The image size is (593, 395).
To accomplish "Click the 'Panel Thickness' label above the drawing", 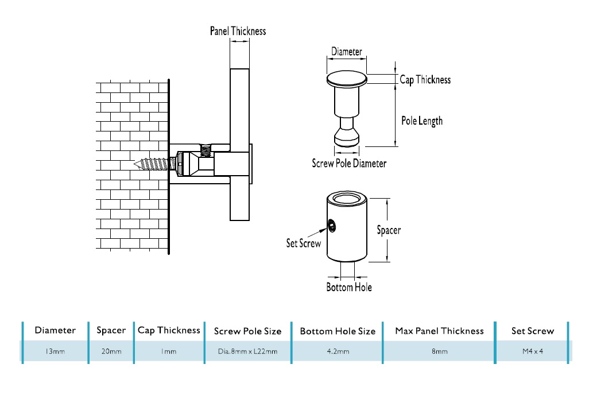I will coord(238,31).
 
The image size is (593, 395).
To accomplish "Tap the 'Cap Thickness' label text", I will coord(425,80).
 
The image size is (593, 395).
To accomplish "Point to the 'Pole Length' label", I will coord(422,121).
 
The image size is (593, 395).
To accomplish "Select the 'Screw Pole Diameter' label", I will coord(349,163).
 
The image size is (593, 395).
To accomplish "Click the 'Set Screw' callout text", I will coord(304,243).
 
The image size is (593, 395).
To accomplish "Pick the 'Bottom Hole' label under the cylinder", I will coord(349,286).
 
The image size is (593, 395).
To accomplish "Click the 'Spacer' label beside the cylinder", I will coord(389,230).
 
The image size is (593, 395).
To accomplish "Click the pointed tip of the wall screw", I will coord(135,164).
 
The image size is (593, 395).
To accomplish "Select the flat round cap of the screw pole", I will coord(347,79).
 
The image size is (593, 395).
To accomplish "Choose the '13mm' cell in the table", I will coord(55,351).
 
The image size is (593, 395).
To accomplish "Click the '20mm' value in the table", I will coord(111,351).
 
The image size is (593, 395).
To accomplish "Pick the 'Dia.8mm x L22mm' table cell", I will coord(247,351).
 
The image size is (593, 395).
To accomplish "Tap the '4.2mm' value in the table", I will coord(338,351).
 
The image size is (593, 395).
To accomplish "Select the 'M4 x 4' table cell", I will coord(533,351).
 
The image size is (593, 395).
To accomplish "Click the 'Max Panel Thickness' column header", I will coord(439,331).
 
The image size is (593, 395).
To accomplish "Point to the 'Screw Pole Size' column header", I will coord(247,331).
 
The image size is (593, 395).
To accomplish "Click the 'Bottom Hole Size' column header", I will coord(338,331).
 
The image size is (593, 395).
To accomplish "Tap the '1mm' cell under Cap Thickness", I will coord(169,351).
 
